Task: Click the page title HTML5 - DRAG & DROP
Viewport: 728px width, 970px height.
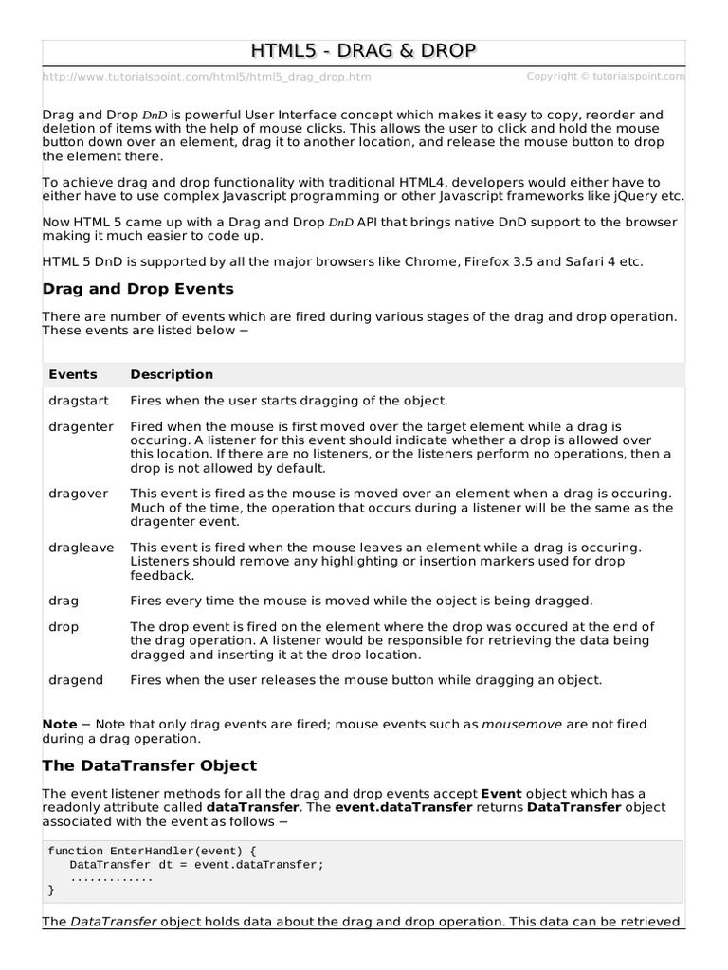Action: tap(364, 51)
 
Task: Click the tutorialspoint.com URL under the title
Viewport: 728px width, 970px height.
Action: tap(207, 77)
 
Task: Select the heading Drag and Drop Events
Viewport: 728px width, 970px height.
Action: tap(138, 288)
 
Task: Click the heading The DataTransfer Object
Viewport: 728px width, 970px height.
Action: tap(150, 764)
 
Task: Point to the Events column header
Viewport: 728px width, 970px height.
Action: tap(73, 374)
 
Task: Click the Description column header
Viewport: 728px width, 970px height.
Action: tap(172, 374)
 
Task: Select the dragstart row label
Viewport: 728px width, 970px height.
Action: tap(77, 400)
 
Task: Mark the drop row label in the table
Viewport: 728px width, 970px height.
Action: tap(64, 627)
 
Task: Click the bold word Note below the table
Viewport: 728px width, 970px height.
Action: tap(60, 724)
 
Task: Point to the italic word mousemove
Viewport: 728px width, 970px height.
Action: tap(522, 724)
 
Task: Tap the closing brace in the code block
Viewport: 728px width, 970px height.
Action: tap(51, 890)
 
